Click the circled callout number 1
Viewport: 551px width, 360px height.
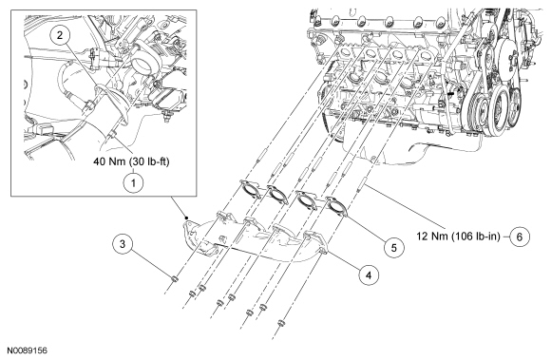click(133, 183)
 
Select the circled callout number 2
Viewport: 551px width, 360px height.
click(60, 35)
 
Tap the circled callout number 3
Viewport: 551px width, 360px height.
click(123, 244)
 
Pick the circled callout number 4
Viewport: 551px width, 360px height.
click(369, 275)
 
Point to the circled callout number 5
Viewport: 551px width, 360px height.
click(393, 248)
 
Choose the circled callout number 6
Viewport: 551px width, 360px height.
click(520, 237)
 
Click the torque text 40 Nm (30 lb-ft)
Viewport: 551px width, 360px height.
click(131, 161)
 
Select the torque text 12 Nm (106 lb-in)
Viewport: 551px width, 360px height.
click(458, 236)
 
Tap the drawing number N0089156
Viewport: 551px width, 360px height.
click(28, 351)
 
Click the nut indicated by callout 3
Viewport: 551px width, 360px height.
click(174, 279)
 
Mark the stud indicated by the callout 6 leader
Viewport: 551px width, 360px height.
click(363, 183)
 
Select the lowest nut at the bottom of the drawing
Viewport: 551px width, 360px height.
click(280, 323)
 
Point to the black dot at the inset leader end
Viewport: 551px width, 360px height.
click(187, 218)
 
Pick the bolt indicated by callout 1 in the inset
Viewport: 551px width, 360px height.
click(112, 135)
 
